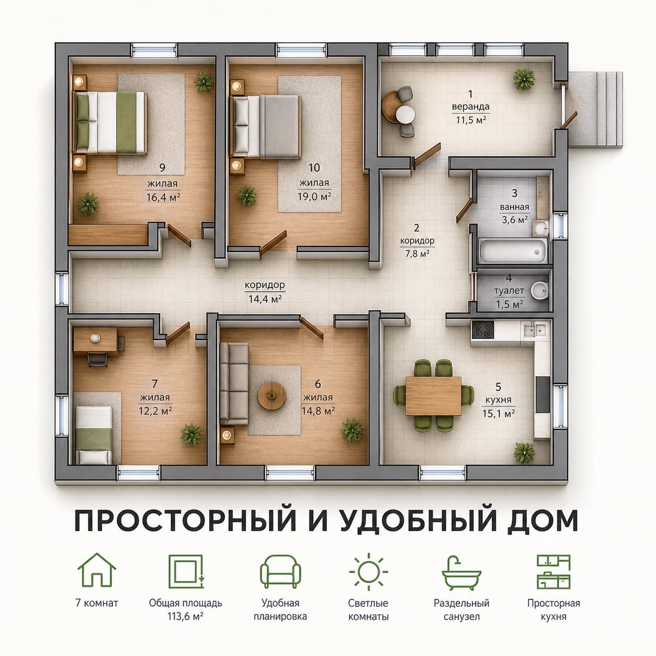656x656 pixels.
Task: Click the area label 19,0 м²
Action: (314, 196)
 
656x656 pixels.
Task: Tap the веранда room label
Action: (470, 107)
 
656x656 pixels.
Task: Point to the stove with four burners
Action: (482, 329)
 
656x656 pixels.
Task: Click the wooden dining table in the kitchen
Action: (433, 396)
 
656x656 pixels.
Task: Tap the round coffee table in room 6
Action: (272, 395)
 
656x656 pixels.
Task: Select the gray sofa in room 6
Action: (234, 383)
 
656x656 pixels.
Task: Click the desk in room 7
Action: (96, 342)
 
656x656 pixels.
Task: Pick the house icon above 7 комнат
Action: (97, 570)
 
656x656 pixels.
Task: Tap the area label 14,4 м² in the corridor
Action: (265, 299)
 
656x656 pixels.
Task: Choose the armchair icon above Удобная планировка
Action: (280, 571)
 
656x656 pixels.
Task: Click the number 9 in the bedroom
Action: (162, 167)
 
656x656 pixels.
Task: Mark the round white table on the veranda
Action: (405, 114)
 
